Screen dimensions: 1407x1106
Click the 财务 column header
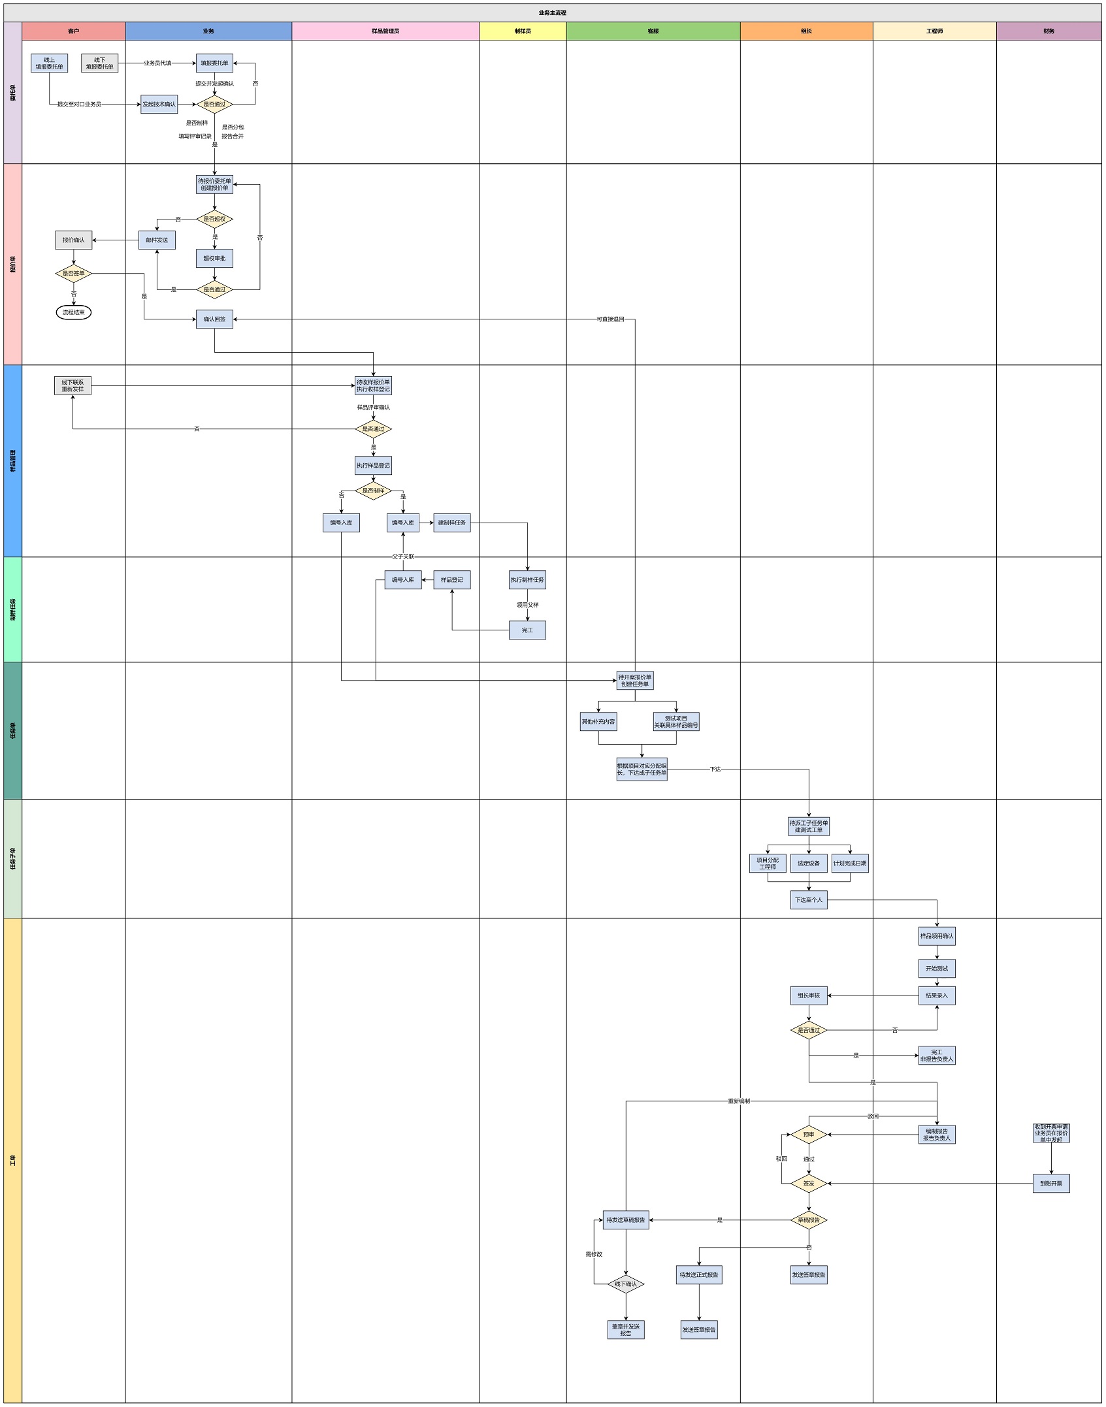[x=1048, y=31]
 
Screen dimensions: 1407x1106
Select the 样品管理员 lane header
[x=385, y=31]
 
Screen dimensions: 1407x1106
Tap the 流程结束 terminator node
[x=73, y=312]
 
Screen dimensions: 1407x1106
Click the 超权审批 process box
[x=214, y=258]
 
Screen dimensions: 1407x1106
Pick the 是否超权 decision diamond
[x=214, y=219]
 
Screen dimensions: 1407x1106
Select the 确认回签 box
[x=214, y=319]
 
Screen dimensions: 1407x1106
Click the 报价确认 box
[x=73, y=240]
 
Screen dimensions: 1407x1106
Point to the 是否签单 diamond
[x=73, y=274]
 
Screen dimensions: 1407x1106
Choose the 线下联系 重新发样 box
[x=73, y=385]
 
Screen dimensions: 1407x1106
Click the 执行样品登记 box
[x=373, y=465]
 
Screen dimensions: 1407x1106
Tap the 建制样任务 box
[x=451, y=523]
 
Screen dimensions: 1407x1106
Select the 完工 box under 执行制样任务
[x=527, y=630]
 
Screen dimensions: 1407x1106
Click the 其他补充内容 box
[x=598, y=721]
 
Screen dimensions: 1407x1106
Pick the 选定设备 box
[x=808, y=863]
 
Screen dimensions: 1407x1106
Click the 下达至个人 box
[x=808, y=899]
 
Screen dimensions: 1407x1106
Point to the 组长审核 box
[x=808, y=995]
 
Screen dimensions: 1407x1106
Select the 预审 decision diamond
[x=808, y=1135]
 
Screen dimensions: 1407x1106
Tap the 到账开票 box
[x=1050, y=1183]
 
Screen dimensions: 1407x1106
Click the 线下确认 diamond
[x=625, y=1284]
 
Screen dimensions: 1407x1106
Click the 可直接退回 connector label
[x=610, y=319]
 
